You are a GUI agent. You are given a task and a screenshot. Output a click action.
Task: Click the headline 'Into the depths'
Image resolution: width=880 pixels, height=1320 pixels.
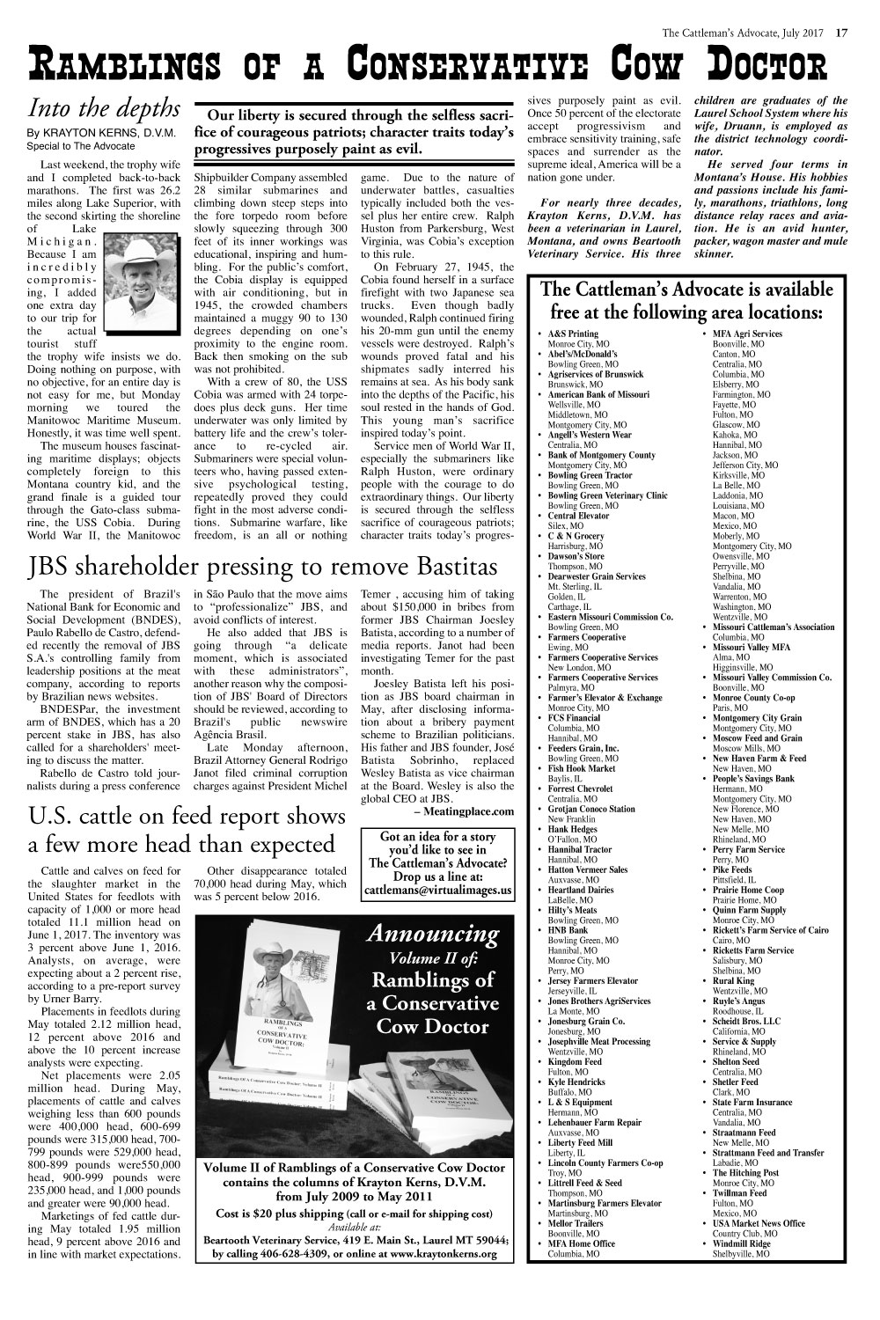[104, 107]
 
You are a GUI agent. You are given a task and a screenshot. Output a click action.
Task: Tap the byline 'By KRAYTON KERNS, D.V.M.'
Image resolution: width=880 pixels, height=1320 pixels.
[104, 134]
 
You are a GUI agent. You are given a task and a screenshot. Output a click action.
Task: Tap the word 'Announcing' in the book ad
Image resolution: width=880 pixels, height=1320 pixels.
[432, 932]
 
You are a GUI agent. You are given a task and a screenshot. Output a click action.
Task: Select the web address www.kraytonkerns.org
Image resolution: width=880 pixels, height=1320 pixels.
[432, 1253]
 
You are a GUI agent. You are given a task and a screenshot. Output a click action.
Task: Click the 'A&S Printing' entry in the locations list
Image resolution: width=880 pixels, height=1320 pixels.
[573, 334]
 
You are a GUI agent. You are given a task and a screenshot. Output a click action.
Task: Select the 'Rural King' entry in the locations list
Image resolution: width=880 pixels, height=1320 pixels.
[733, 980]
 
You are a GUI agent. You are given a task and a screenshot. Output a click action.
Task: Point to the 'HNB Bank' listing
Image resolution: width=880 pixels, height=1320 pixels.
[568, 930]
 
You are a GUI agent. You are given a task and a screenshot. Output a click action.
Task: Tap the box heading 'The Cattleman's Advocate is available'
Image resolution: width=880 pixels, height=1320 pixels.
[686, 290]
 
